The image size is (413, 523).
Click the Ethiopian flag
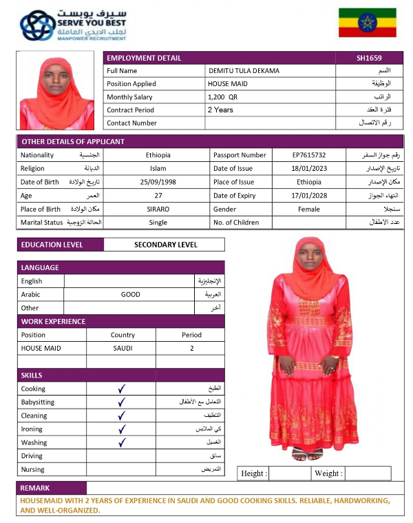(367, 23)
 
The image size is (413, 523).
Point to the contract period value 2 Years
(220, 110)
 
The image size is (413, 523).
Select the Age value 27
(158, 196)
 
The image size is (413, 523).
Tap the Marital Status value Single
(158, 223)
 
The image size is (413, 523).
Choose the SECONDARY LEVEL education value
(165, 245)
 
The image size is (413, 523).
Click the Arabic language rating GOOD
(131, 294)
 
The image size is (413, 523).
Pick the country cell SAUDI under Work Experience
(123, 349)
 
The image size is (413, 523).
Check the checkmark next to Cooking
(122, 389)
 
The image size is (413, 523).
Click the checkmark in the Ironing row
(122, 429)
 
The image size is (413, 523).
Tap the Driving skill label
(32, 456)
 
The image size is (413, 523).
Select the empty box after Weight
(368, 473)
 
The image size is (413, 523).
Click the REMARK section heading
(35, 488)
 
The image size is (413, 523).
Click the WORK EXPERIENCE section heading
(54, 321)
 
